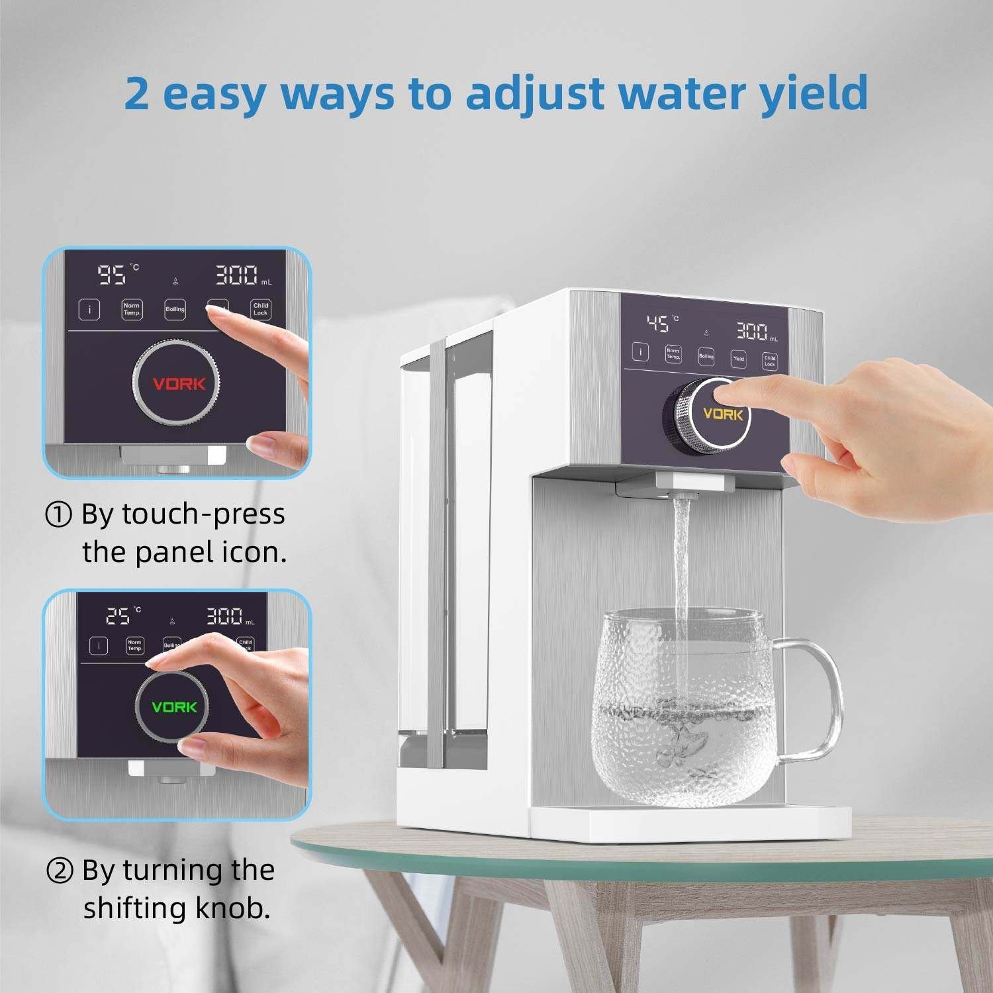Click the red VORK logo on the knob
(179, 384)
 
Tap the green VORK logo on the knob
(174, 707)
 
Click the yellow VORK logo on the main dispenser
(722, 414)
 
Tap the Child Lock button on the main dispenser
(769, 361)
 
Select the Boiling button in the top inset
(175, 309)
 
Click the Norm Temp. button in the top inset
(132, 309)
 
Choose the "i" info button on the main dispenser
(640, 352)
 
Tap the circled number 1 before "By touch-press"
(58, 514)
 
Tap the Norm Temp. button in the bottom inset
(134, 645)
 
